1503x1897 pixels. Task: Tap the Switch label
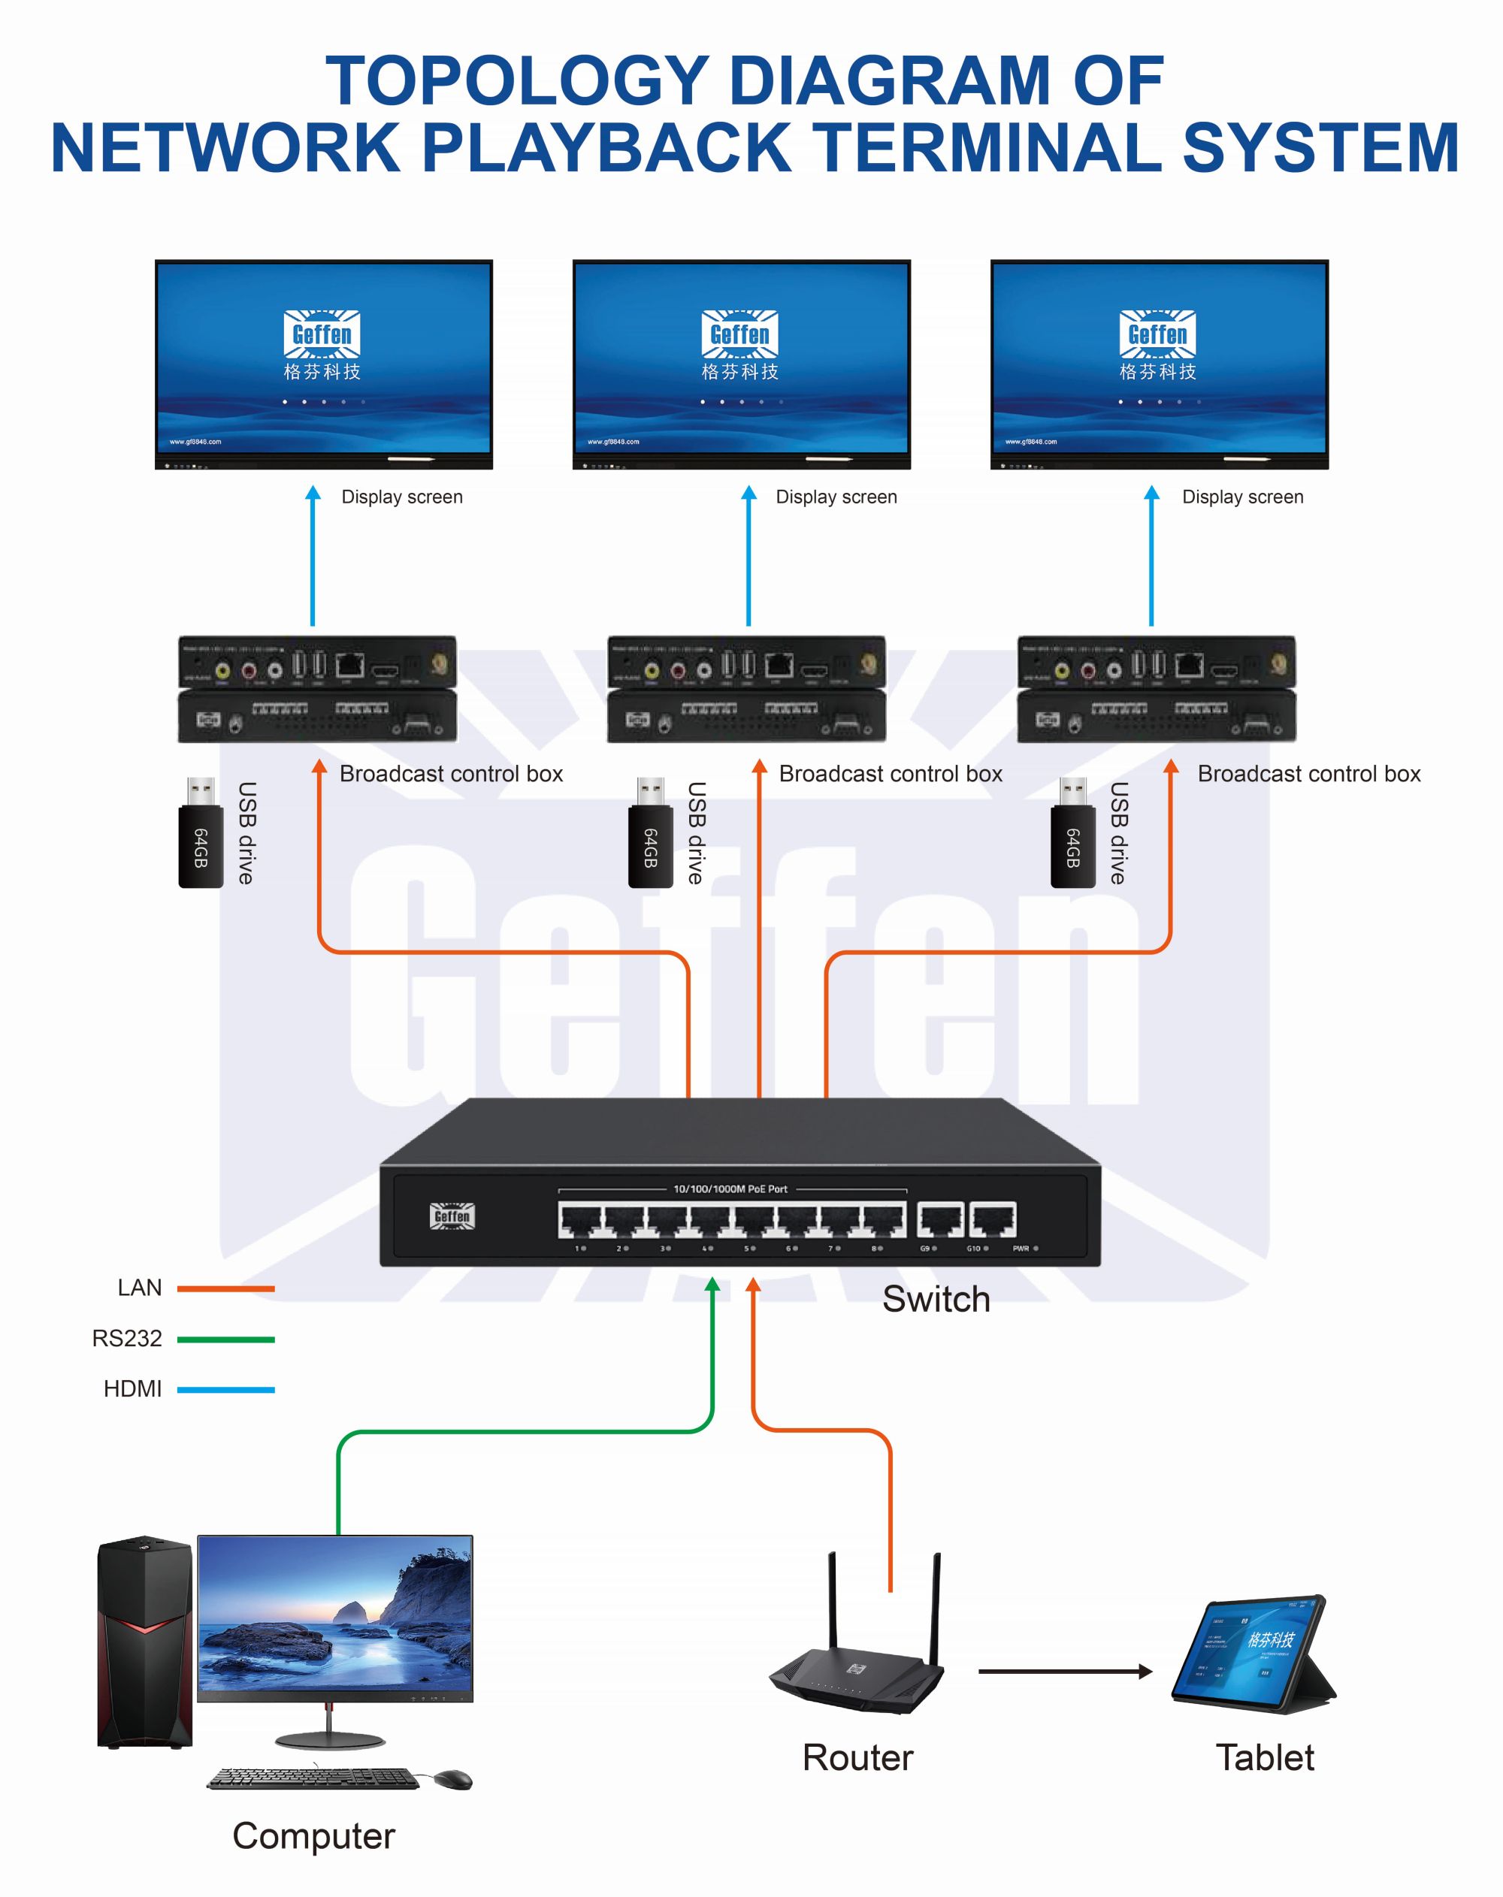(x=936, y=1300)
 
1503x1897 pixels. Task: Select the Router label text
(x=857, y=1758)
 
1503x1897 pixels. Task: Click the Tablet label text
(x=1265, y=1758)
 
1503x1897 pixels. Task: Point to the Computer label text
(x=313, y=1836)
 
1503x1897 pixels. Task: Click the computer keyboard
(x=313, y=1778)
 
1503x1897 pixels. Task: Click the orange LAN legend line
(x=225, y=1288)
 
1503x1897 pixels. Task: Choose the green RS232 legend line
(x=225, y=1339)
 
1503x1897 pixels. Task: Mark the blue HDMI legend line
(x=225, y=1389)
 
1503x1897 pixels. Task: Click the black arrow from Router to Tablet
(x=1065, y=1671)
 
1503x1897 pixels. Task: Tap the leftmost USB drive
(x=201, y=834)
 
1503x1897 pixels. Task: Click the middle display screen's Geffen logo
(x=740, y=334)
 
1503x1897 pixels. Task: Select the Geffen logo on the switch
(x=452, y=1216)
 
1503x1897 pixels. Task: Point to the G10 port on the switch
(x=993, y=1220)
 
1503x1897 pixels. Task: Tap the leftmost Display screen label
(x=401, y=497)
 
